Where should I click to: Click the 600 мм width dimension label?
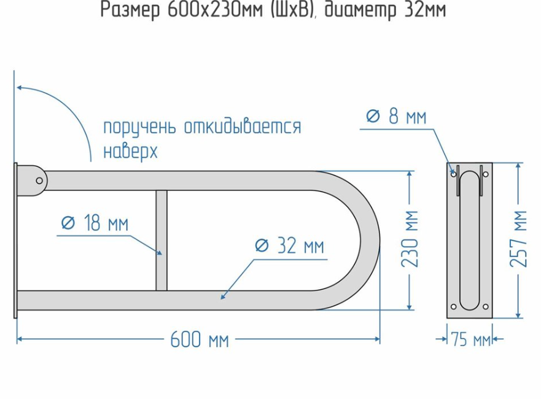(x=200, y=339)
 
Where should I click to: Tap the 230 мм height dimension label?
(x=410, y=239)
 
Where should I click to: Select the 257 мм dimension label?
(x=520, y=239)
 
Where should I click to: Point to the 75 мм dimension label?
(x=470, y=339)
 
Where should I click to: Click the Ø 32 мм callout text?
(x=289, y=246)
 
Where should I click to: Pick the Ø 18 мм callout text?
(x=95, y=224)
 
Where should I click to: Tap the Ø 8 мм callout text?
(x=396, y=117)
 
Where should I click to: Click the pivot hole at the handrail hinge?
(x=40, y=180)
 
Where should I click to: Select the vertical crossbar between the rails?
(x=162, y=240)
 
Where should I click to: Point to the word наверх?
(x=130, y=151)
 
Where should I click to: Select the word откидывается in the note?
(x=243, y=128)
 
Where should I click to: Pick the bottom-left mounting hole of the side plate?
(x=454, y=306)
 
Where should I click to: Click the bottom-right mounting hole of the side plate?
(x=485, y=306)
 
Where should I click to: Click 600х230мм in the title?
(x=205, y=11)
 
